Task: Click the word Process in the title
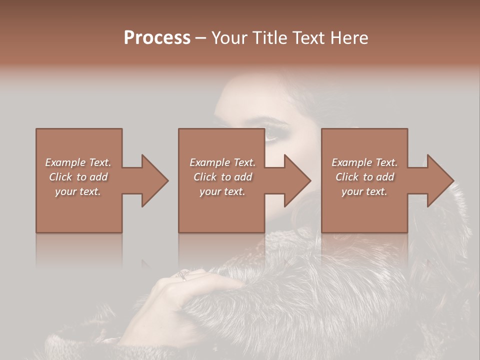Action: [x=157, y=38]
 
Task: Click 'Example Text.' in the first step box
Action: [x=78, y=162]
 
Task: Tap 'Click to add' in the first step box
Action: [x=78, y=177]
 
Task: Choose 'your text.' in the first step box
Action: [x=78, y=191]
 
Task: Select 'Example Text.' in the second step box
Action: [x=222, y=162]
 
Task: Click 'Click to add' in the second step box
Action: [x=222, y=177]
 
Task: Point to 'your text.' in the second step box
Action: [x=222, y=191]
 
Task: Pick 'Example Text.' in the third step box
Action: [x=364, y=162]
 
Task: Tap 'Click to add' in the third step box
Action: [x=364, y=177]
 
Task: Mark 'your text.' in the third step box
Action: [x=364, y=191]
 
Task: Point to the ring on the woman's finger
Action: [x=183, y=275]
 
